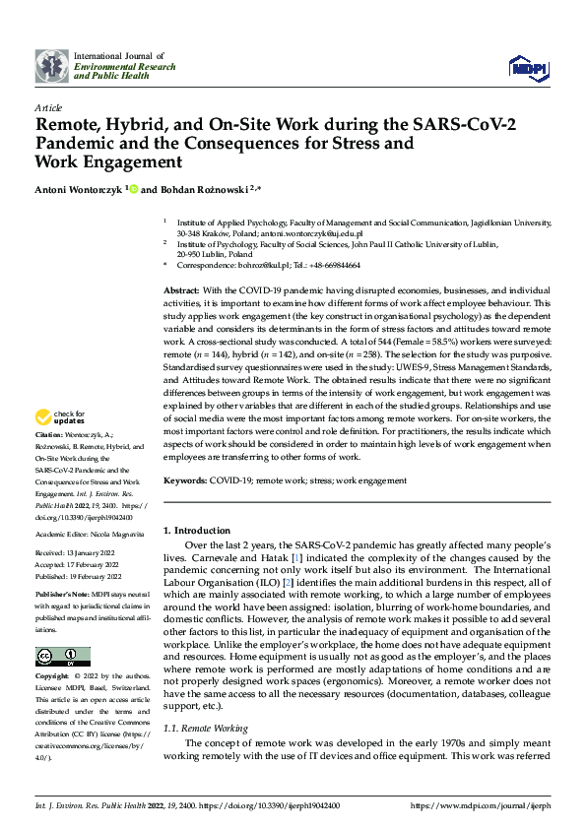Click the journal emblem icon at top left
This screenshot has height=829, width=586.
(x=51, y=65)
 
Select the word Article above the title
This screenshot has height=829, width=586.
(x=48, y=107)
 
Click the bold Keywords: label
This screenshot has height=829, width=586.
(x=185, y=480)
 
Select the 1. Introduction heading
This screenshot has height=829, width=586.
(x=196, y=531)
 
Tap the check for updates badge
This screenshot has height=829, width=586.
(x=61, y=445)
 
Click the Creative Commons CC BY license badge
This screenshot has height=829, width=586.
(x=62, y=657)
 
